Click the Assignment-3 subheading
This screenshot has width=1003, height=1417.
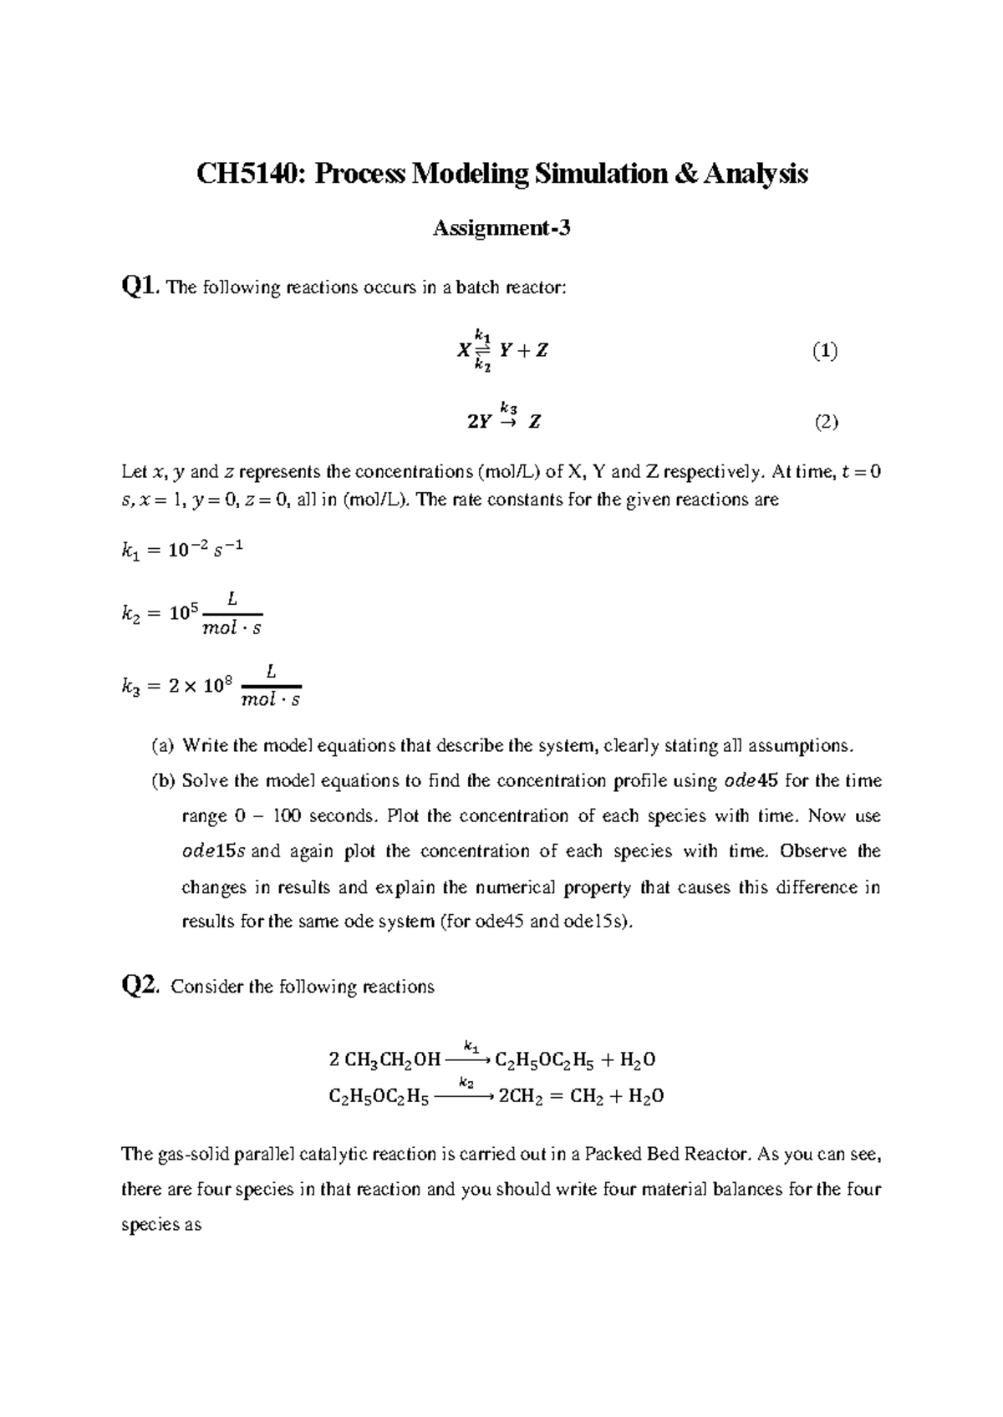(x=501, y=227)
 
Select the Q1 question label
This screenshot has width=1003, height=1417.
(x=140, y=287)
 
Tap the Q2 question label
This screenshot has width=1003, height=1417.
(x=140, y=986)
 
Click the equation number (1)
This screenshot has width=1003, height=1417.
(x=825, y=351)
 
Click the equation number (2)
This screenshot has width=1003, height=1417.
(x=826, y=422)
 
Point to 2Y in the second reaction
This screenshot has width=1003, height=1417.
(x=479, y=423)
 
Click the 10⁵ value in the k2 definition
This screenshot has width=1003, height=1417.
(x=182, y=612)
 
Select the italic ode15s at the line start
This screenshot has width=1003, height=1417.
(x=212, y=851)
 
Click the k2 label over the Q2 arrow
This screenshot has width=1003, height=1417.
(x=466, y=1083)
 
